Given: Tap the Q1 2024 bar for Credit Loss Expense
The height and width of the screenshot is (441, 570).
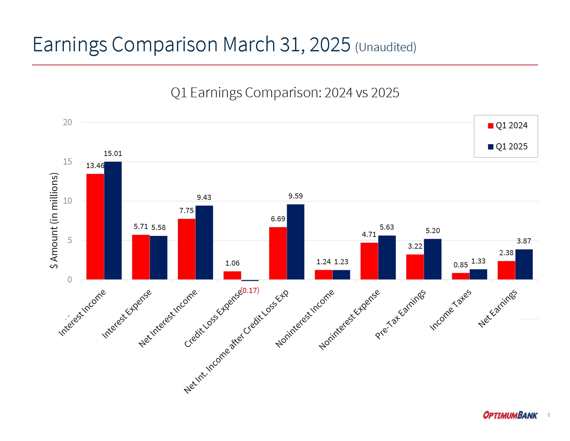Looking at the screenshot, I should pyautogui.click(x=232, y=275).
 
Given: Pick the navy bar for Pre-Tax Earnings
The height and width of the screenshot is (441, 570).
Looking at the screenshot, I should pyautogui.click(x=433, y=259).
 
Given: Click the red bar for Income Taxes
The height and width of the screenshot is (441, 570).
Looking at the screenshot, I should pyautogui.click(x=460, y=276).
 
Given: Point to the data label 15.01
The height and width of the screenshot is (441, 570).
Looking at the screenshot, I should pyautogui.click(x=113, y=154).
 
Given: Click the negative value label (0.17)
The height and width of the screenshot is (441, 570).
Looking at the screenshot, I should pyautogui.click(x=250, y=290).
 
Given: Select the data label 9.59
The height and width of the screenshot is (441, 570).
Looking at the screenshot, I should pyautogui.click(x=295, y=196).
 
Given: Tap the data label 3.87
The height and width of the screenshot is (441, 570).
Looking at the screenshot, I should pyautogui.click(x=524, y=241).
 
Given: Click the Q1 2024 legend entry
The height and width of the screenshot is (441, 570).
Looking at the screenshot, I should pyautogui.click(x=507, y=126).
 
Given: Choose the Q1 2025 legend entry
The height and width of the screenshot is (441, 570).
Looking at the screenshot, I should pyautogui.click(x=507, y=147).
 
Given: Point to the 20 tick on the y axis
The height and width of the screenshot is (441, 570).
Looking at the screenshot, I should pyautogui.click(x=67, y=122).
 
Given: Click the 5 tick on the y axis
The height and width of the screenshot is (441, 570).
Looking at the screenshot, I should pyautogui.click(x=69, y=240).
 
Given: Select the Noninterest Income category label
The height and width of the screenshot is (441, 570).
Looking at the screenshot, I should pyautogui.click(x=305, y=318).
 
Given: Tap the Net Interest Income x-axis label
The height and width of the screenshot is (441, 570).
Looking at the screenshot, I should pyautogui.click(x=168, y=318).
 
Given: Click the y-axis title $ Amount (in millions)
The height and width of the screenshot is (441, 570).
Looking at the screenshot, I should pyautogui.click(x=54, y=221).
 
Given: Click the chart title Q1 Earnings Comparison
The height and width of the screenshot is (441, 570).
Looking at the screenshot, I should pyautogui.click(x=285, y=93).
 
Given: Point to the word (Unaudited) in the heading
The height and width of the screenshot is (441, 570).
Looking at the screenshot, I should pyautogui.click(x=385, y=47).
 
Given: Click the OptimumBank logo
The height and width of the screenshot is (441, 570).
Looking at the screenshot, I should pyautogui.click(x=510, y=415).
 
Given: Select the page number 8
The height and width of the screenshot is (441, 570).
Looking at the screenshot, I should pyautogui.click(x=549, y=415).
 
